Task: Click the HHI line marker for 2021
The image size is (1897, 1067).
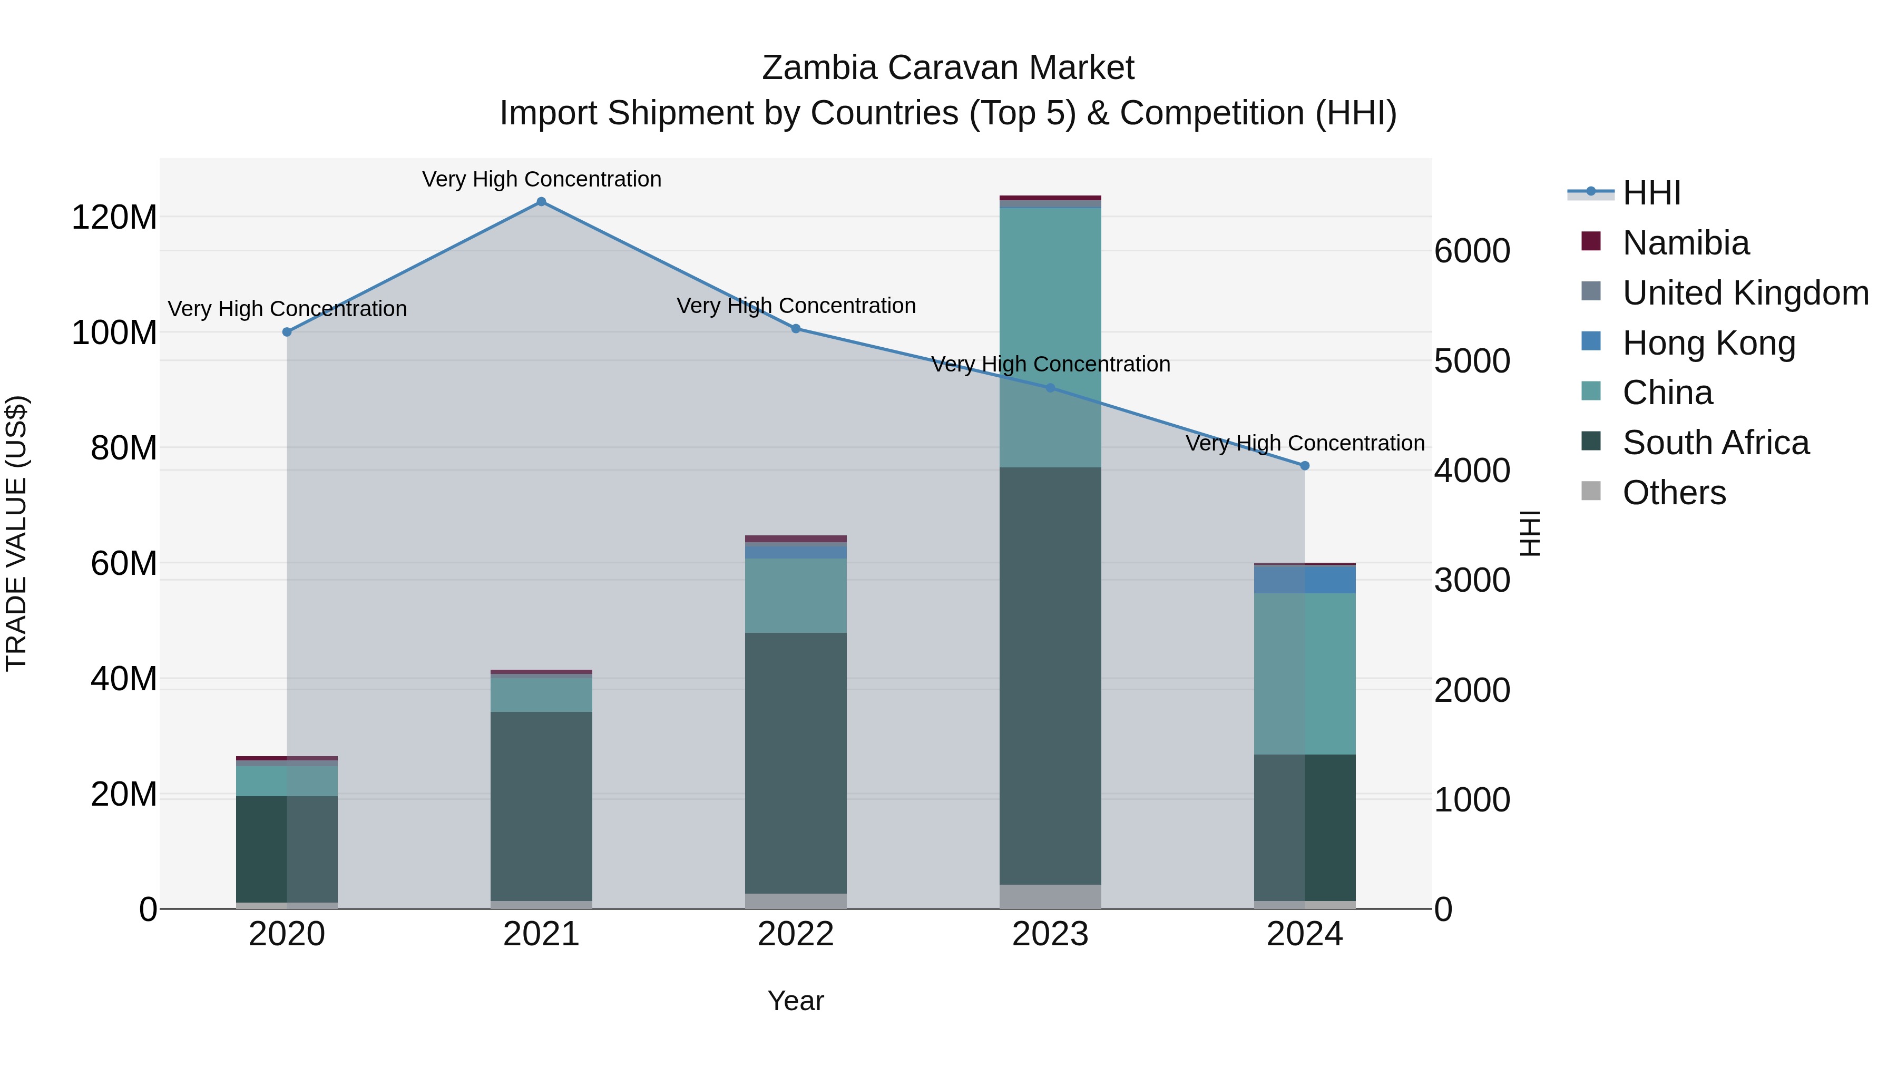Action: click(x=541, y=202)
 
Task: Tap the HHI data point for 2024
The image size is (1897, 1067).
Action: click(x=1305, y=465)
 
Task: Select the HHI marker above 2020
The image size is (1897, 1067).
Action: click(x=287, y=332)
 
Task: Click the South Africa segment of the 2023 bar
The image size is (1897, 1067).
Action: click(x=1050, y=676)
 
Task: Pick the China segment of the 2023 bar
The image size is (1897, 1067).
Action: click(x=1050, y=337)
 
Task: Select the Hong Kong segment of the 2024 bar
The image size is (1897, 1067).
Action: click(x=1305, y=580)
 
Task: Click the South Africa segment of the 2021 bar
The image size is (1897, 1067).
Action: click(x=541, y=806)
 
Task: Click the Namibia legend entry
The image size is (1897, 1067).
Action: click(x=1685, y=243)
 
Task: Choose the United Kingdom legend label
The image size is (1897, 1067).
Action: click(x=1745, y=293)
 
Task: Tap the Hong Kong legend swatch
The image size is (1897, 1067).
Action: click(x=1591, y=341)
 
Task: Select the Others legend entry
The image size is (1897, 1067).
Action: click(x=1673, y=493)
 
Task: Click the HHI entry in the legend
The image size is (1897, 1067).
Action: click(x=1651, y=193)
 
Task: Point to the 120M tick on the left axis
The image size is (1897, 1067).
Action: click(x=114, y=217)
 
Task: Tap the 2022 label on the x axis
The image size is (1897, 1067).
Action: click(x=796, y=934)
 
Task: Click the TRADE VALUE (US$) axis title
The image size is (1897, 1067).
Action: click(x=16, y=533)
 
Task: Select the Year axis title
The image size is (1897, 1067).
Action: click(x=796, y=1001)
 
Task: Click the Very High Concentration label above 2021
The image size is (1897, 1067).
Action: click(x=541, y=179)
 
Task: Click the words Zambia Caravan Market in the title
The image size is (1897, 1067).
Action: click(x=948, y=68)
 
